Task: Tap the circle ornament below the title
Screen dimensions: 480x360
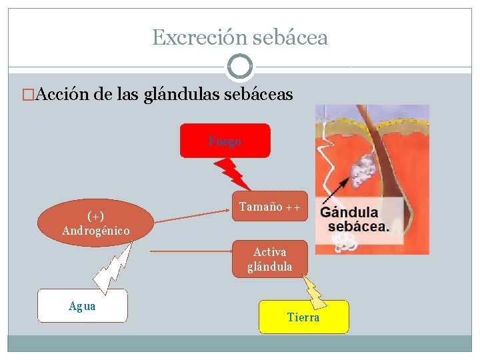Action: pyautogui.click(x=240, y=67)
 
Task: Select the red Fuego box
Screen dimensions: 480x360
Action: pyautogui.click(x=225, y=141)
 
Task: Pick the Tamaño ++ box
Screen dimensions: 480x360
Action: pyautogui.click(x=269, y=208)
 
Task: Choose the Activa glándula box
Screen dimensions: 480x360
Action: pyautogui.click(x=269, y=259)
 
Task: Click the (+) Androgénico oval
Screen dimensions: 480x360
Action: pyautogui.click(x=95, y=223)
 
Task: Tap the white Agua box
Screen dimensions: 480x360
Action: pyautogui.click(x=82, y=306)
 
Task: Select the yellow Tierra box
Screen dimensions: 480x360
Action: pyautogui.click(x=303, y=317)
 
